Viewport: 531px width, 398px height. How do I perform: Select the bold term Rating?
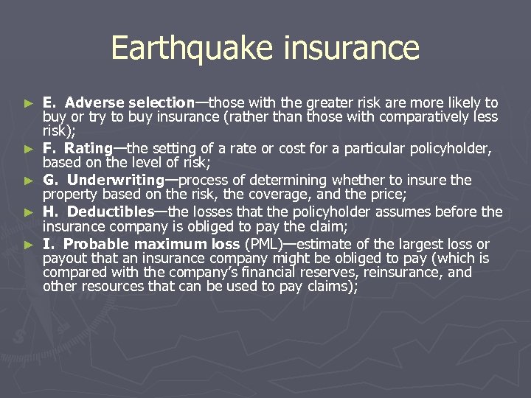click(88, 149)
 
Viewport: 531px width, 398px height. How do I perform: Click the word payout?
click(63, 259)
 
